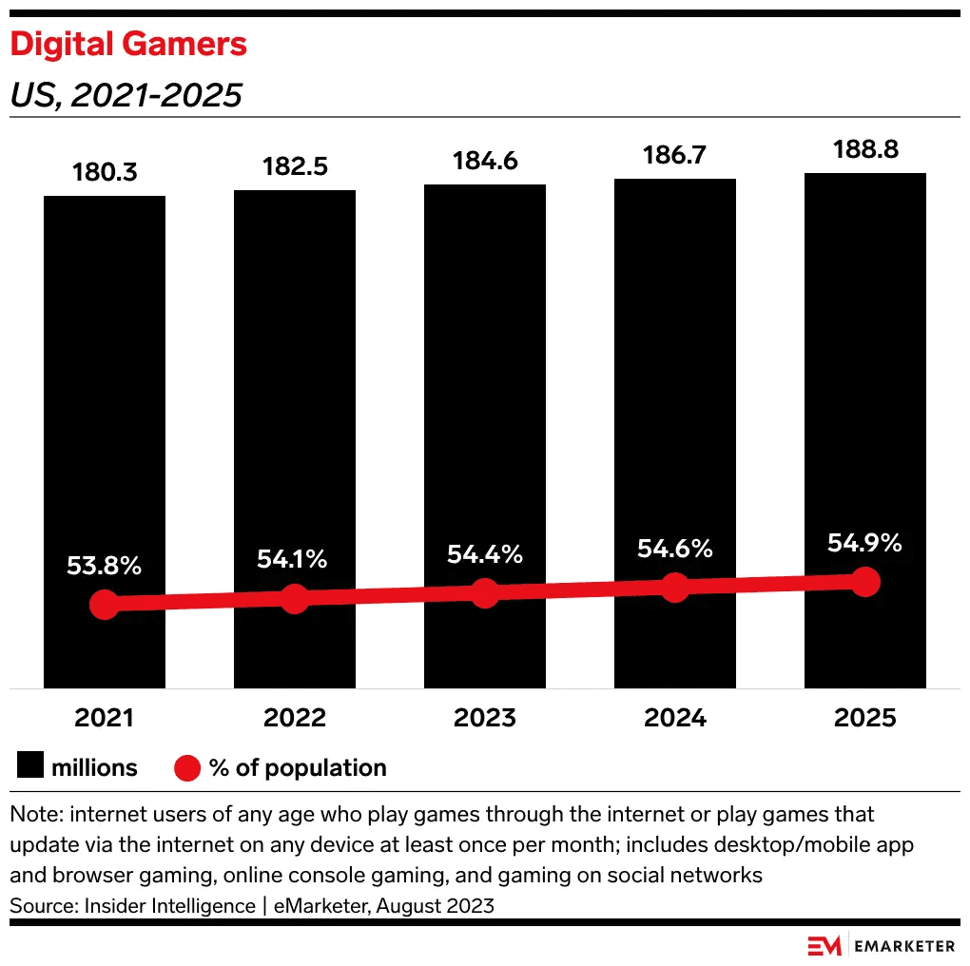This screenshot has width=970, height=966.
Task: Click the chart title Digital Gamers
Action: (128, 45)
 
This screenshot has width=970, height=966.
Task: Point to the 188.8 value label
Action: (865, 150)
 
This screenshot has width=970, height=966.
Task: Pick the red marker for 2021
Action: (105, 605)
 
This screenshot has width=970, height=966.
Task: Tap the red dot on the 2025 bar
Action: (865, 582)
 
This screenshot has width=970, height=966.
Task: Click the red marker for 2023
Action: (485, 593)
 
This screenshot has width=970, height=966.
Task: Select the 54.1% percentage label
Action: (293, 560)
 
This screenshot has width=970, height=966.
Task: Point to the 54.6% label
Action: (675, 549)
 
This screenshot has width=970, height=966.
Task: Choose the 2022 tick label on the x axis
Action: (295, 718)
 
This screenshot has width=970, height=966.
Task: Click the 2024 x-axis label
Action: (675, 718)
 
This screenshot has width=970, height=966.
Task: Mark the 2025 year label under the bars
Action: (865, 718)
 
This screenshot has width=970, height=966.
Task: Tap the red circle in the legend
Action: (187, 767)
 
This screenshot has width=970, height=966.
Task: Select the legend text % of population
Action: (298, 767)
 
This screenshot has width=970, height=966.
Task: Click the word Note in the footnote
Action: (35, 816)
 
